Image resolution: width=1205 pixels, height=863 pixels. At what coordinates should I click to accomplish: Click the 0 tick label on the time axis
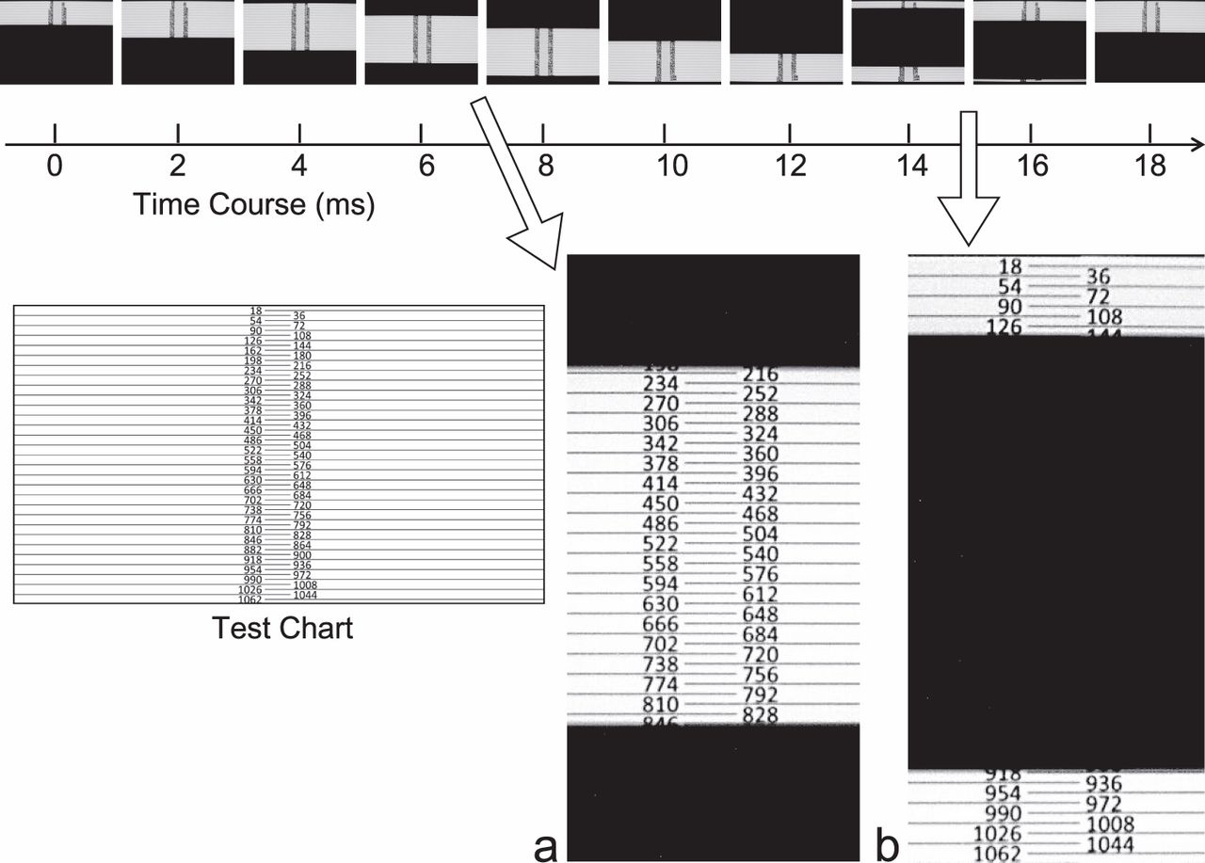coord(56,167)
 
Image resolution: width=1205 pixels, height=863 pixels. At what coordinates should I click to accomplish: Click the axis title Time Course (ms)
coord(254,204)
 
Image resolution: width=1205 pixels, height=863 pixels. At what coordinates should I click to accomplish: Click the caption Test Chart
coord(282,628)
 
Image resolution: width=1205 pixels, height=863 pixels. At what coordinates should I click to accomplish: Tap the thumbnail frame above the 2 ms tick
coord(178,42)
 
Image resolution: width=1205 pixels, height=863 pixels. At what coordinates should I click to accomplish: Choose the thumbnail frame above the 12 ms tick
coord(786,42)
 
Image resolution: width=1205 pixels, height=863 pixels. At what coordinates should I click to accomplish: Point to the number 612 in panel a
coord(760,594)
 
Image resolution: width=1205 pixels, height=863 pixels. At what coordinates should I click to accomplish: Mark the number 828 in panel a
coord(760,715)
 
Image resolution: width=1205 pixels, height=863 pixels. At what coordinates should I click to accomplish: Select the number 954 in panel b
coord(1001,793)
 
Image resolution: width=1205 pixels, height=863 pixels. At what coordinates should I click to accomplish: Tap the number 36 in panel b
coord(1099,277)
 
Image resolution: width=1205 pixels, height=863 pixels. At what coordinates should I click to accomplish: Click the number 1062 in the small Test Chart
coord(249,599)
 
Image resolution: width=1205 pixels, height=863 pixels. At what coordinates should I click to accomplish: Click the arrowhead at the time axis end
coord(1197,145)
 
